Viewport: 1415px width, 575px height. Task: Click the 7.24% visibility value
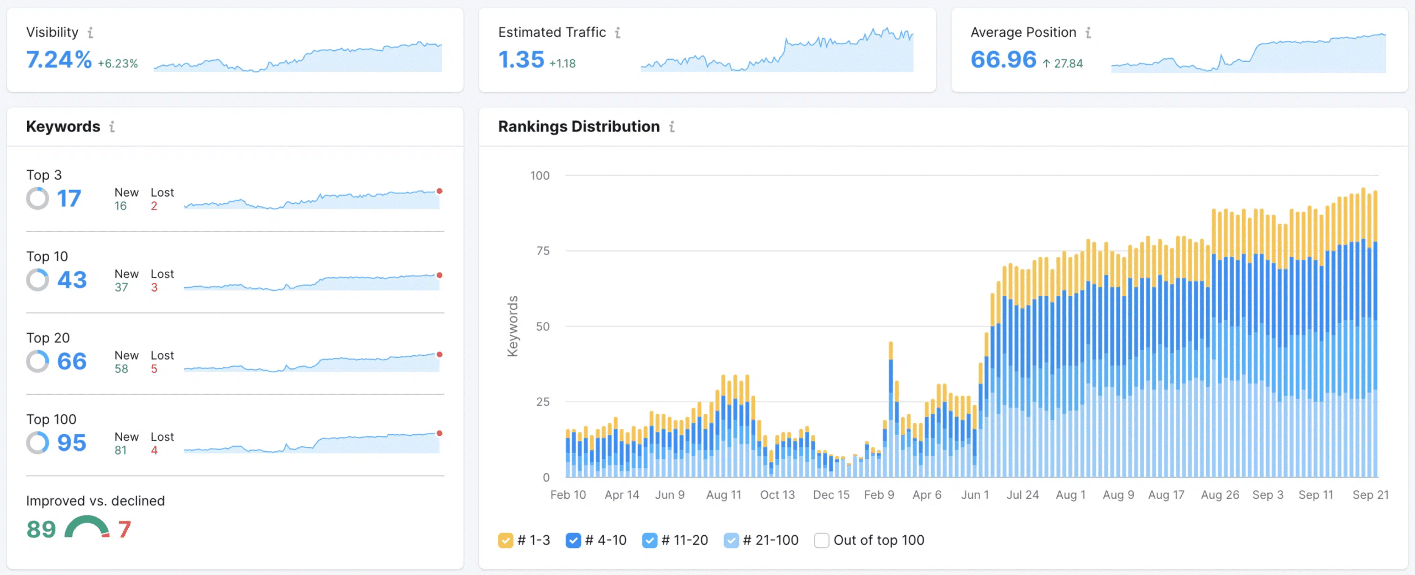(59, 60)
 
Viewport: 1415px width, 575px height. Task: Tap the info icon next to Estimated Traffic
(617, 33)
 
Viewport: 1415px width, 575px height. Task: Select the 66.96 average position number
(1003, 60)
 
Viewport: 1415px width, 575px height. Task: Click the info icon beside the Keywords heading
(112, 127)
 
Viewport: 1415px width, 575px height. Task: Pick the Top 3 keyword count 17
(69, 199)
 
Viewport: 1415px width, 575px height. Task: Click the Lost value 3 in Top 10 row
(154, 287)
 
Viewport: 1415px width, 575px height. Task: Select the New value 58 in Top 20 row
(121, 368)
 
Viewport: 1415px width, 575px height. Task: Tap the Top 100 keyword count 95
(71, 443)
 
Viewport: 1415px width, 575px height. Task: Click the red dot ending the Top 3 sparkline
(439, 191)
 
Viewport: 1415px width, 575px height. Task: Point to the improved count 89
(41, 529)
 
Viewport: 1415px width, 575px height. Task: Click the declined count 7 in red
(124, 529)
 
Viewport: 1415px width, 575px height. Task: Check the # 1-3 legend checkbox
(505, 540)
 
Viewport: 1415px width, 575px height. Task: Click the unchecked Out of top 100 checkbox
(821, 540)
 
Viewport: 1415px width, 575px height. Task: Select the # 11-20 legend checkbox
(649, 540)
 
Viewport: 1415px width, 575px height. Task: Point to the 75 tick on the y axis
(543, 251)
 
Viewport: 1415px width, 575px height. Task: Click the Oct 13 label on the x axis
(777, 495)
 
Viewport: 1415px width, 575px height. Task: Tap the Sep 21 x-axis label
(1370, 495)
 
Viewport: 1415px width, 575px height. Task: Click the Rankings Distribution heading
(579, 126)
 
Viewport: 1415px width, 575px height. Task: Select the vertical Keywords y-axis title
(513, 326)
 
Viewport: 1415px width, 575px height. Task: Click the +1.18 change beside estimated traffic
(563, 64)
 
